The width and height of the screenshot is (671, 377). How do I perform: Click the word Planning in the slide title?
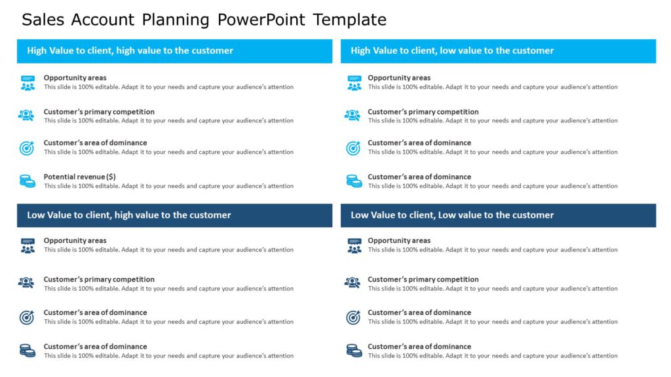pos(176,20)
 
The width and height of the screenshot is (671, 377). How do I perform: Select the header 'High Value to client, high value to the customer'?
pos(130,50)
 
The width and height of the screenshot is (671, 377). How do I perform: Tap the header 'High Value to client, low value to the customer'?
pos(452,50)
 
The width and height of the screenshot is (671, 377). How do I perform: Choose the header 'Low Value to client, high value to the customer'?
pos(129,215)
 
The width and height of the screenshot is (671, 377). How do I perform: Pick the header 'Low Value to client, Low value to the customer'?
pos(452,215)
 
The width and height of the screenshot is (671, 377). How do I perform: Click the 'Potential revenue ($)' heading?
pos(79,177)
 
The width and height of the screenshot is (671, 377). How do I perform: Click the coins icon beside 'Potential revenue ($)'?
pos(27,181)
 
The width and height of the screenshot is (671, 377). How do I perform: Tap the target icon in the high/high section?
pos(26,148)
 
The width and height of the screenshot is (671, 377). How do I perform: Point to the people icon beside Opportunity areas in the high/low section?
pos(354,82)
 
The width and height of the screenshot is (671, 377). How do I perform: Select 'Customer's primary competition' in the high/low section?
pos(423,112)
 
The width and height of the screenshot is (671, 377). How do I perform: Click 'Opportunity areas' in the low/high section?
pos(75,241)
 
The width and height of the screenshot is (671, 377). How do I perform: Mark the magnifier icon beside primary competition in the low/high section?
pos(26,283)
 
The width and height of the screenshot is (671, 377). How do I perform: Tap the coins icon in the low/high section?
pos(27,350)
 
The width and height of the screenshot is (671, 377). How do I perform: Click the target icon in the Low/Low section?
pos(353,317)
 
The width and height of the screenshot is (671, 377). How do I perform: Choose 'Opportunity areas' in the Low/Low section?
pos(399,241)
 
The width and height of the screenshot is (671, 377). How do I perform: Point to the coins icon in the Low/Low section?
pos(354,350)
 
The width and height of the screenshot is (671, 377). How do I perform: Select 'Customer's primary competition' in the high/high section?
pos(99,112)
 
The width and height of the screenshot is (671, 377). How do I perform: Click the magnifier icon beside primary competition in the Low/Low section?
pos(353,283)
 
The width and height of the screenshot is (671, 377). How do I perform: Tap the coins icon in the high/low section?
pos(354,181)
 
